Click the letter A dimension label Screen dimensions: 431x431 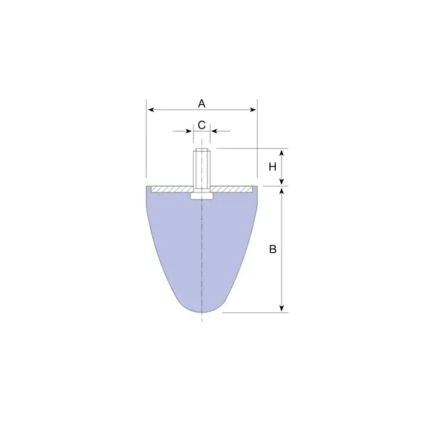pos(202,103)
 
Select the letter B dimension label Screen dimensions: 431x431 pos(272,249)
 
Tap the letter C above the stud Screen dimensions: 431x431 pos(202,125)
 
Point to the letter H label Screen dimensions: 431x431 pos(272,167)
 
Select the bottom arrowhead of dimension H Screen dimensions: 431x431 pos(282,182)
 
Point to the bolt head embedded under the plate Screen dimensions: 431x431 pos(202,195)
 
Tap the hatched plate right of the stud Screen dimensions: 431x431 pos(233,189)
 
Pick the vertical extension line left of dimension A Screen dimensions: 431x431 pos(147,144)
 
